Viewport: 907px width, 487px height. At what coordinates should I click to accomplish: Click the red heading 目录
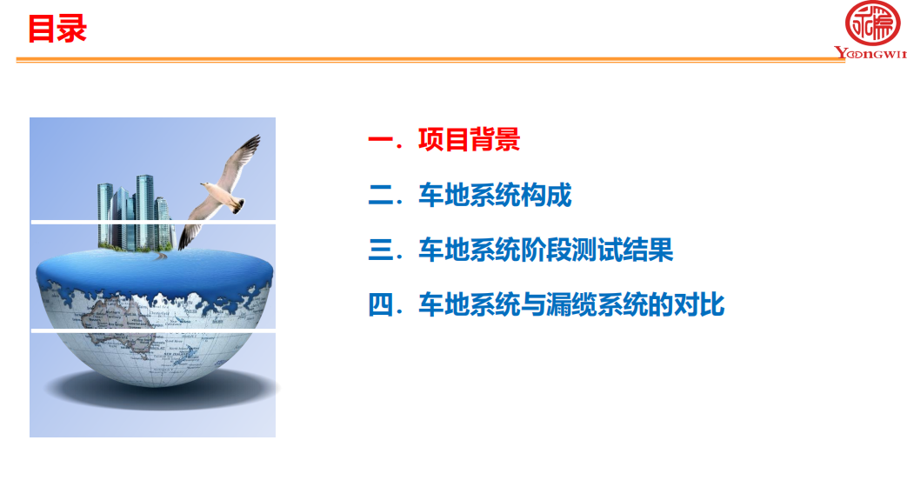tap(57, 29)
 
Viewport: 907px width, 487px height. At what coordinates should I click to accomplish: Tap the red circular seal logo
tap(872, 23)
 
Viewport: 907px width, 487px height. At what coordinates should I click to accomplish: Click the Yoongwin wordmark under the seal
tap(870, 53)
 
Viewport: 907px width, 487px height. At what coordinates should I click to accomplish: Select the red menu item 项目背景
tap(469, 139)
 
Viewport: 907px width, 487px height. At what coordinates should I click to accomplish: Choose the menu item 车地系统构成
tap(495, 194)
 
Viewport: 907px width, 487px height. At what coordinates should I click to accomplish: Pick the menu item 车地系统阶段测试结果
tap(545, 250)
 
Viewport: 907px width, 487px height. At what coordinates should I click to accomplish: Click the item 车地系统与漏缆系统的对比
tap(571, 304)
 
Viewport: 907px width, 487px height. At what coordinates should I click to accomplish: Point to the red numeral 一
tap(381, 140)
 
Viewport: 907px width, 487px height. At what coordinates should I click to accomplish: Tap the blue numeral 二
tap(381, 195)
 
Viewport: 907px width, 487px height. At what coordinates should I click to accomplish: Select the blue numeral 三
tap(381, 250)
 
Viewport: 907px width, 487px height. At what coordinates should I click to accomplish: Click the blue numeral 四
tap(381, 304)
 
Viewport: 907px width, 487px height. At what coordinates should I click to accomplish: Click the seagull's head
tap(206, 186)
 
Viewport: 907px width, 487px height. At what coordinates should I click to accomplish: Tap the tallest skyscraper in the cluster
tap(145, 211)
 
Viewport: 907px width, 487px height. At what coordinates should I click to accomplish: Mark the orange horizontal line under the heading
tap(430, 59)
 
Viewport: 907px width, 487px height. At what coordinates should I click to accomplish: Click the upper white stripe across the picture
tap(153, 222)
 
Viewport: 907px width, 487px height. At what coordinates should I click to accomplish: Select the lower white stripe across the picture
tap(153, 330)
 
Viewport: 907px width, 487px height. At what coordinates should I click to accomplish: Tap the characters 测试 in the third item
tap(597, 250)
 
